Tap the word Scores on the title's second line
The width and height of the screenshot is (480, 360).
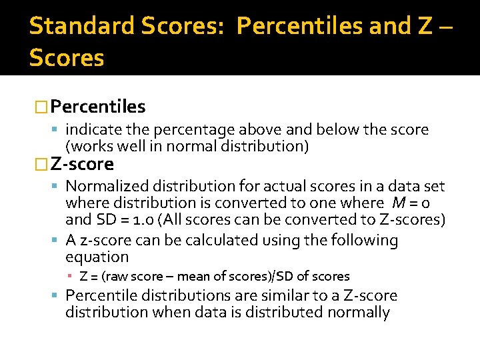point(67,58)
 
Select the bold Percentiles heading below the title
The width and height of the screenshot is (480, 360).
point(97,107)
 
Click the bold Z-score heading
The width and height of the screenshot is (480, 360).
point(82,164)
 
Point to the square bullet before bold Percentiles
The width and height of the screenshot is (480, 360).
point(41,107)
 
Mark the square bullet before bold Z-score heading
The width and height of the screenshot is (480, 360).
point(41,164)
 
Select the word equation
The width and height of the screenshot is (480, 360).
point(97,257)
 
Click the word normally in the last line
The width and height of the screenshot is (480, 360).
point(356,311)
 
